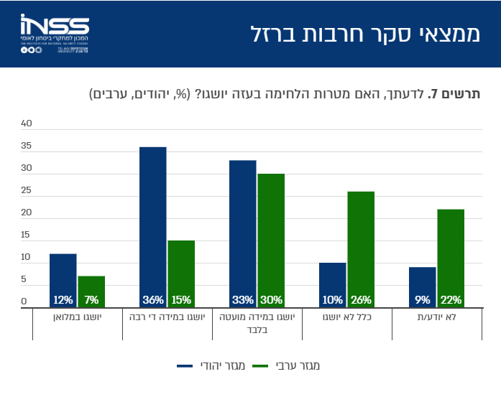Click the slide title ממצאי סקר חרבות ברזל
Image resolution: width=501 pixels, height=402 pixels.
(365, 34)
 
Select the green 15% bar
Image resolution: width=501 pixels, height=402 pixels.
(181, 274)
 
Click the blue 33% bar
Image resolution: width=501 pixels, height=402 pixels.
(243, 233)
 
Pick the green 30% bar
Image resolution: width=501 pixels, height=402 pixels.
(271, 240)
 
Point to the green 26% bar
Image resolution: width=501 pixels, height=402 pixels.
(361, 249)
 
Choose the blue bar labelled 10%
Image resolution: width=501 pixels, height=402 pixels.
(333, 285)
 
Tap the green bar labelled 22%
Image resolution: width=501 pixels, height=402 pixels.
(451, 258)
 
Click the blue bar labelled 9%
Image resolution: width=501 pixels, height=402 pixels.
(423, 287)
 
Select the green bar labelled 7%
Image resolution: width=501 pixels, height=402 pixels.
(91, 291)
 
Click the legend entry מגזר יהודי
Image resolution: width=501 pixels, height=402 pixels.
(212, 366)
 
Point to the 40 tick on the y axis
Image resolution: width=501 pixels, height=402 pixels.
(27, 123)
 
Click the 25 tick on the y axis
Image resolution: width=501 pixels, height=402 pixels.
(27, 190)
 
